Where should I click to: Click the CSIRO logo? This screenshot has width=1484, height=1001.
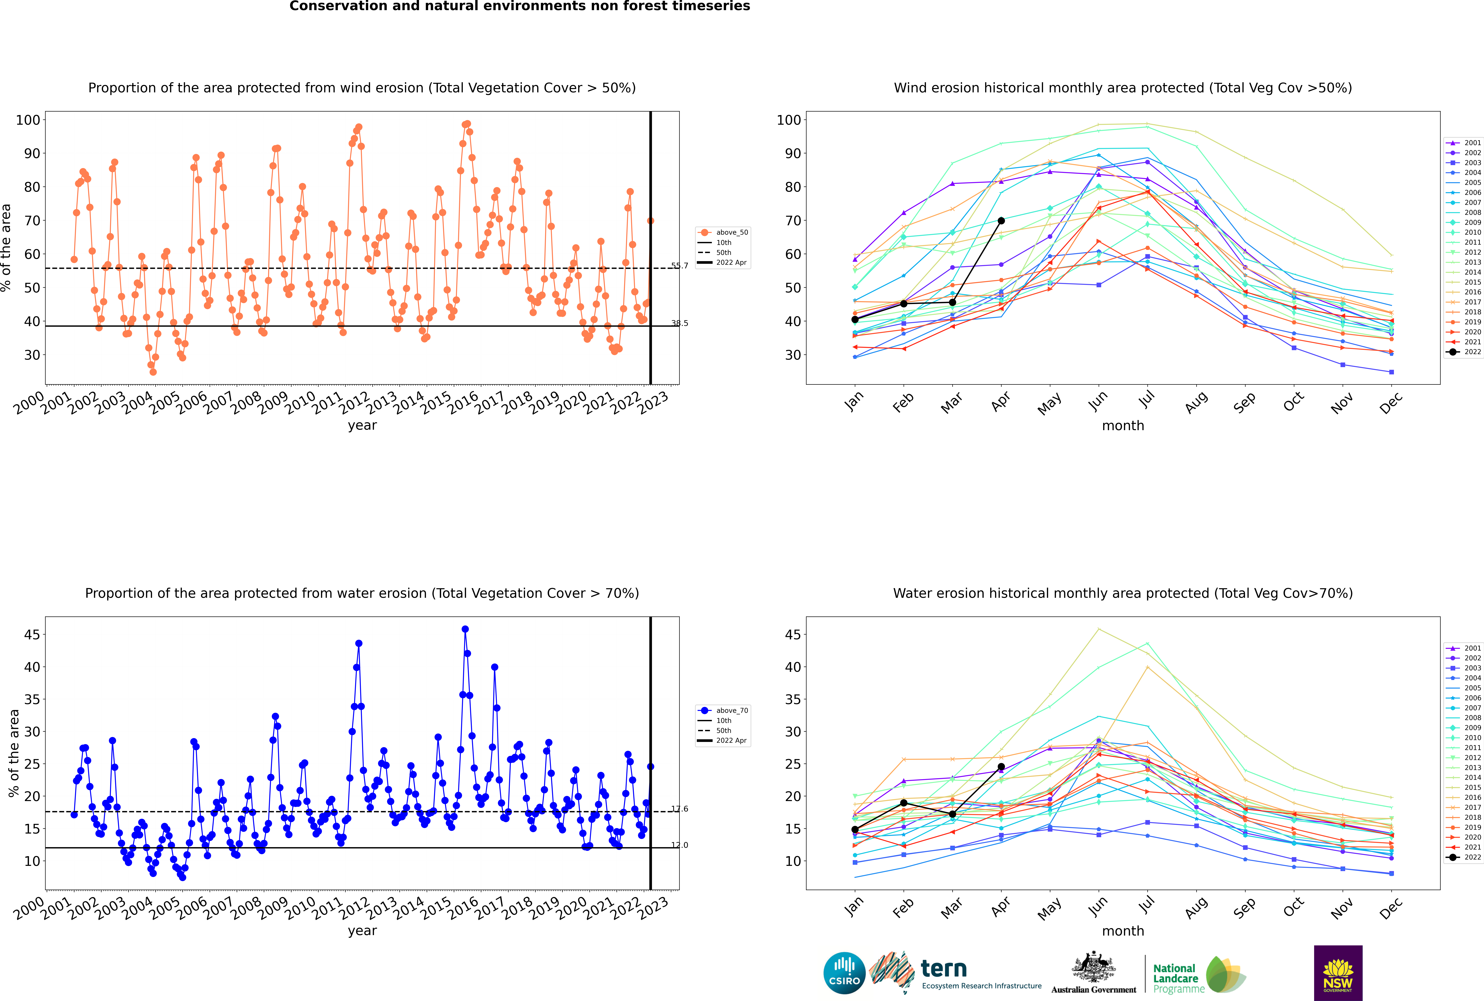(x=844, y=973)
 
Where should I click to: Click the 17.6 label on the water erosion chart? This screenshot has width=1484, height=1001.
(x=680, y=809)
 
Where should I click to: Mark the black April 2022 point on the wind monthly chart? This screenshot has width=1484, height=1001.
(x=1001, y=221)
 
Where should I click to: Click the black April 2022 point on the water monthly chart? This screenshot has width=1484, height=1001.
(x=1001, y=767)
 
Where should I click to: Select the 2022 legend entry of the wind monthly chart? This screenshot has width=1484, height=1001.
(x=1465, y=352)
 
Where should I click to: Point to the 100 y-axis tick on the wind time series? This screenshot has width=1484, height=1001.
(x=28, y=120)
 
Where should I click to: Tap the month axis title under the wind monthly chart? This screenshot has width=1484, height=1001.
(x=1123, y=426)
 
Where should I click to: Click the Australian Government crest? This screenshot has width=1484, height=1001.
(x=1094, y=967)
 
